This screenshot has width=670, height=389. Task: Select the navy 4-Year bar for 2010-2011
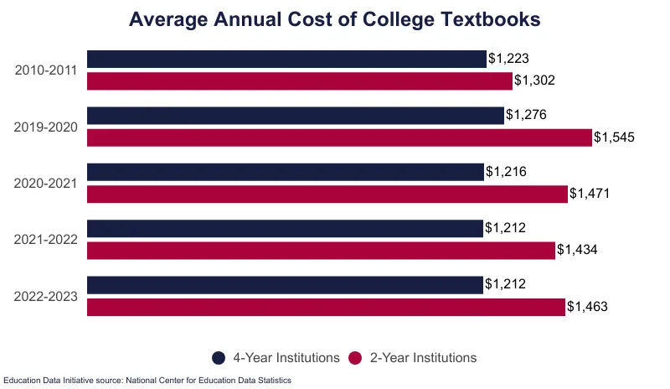[286, 59]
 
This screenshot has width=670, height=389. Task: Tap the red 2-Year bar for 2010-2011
[300, 81]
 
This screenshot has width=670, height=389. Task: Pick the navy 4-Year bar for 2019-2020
[296, 115]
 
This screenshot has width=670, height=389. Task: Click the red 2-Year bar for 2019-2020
[339, 137]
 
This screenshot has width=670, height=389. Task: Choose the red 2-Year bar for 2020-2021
[327, 194]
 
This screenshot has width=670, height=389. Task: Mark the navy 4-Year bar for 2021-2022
[285, 228]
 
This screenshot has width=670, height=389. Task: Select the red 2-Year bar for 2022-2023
[326, 307]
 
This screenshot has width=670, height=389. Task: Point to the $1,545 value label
[615, 137]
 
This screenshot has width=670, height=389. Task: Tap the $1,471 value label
[590, 194]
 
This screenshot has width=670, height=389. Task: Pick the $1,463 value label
[587, 307]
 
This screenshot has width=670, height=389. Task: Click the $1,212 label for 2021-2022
[505, 228]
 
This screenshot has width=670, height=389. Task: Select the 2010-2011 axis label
[46, 70]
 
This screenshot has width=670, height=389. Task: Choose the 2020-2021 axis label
[46, 183]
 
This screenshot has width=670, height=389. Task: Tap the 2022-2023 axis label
[46, 296]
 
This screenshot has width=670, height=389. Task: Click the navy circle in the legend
[219, 358]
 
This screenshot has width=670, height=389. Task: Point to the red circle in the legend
[356, 358]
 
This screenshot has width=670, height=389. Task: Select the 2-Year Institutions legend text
[423, 358]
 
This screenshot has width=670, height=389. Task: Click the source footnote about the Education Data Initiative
[147, 381]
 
